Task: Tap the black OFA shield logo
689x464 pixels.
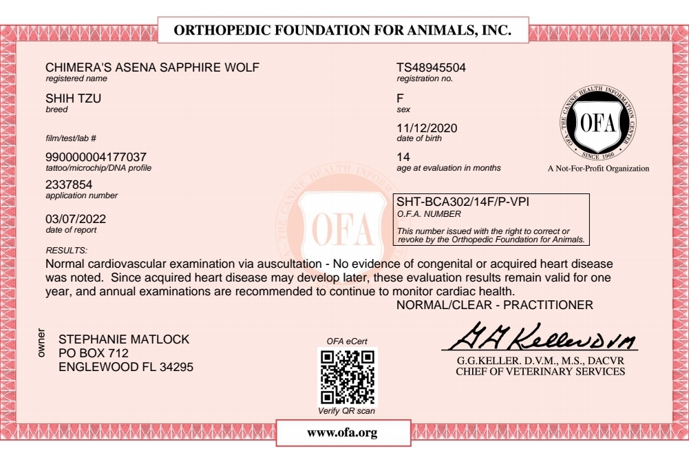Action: pyautogui.click(x=596, y=123)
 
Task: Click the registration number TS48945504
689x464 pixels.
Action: pyautogui.click(x=431, y=67)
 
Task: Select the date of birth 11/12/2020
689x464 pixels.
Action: pyautogui.click(x=427, y=128)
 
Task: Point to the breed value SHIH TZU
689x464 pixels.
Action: pyautogui.click(x=73, y=98)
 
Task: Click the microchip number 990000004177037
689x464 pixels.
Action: pyautogui.click(x=96, y=157)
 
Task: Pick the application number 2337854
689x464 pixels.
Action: pyautogui.click(x=69, y=184)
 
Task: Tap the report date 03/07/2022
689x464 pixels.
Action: pyautogui.click(x=76, y=219)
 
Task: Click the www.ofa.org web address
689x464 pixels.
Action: pyautogui.click(x=342, y=432)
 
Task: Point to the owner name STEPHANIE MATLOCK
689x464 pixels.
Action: pyautogui.click(x=124, y=339)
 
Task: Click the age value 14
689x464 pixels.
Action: pyautogui.click(x=403, y=157)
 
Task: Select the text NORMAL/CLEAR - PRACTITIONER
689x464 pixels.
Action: pyautogui.click(x=495, y=304)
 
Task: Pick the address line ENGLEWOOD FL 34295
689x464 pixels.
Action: pyautogui.click(x=126, y=367)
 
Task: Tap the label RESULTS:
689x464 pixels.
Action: pyautogui.click(x=66, y=249)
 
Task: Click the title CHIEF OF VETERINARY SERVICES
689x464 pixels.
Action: pyautogui.click(x=540, y=372)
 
